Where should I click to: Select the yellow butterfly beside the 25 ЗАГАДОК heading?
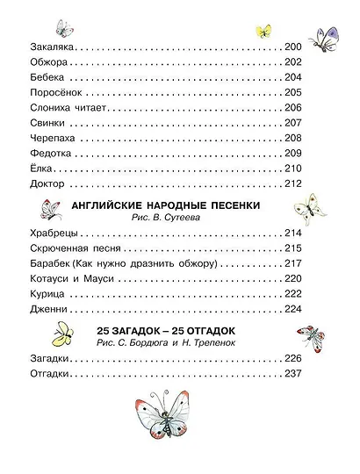(65, 334)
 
